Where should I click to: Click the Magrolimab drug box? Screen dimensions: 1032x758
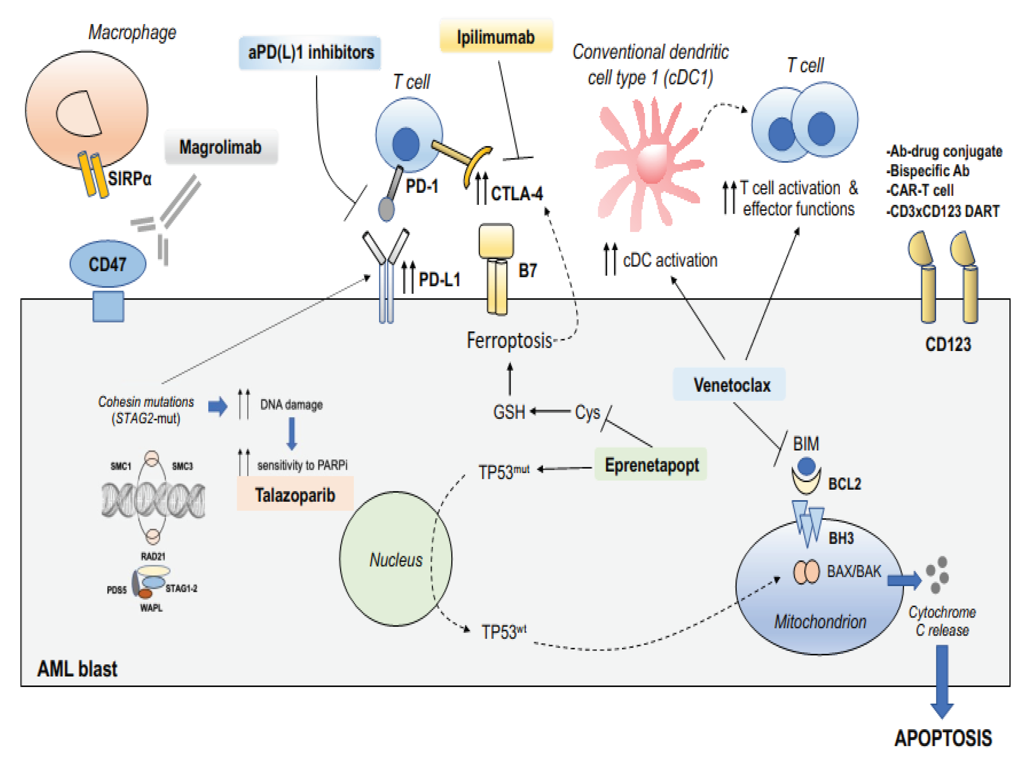point(221,147)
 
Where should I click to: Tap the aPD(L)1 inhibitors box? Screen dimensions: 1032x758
point(310,52)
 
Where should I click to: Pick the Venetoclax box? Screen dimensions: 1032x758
point(729,384)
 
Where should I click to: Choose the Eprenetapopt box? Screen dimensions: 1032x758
point(651,464)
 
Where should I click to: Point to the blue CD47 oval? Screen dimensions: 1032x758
point(108,264)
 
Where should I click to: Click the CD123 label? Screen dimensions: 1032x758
point(948,344)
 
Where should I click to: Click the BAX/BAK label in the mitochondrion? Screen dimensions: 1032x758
point(854,571)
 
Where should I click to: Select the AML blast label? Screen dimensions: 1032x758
point(77,669)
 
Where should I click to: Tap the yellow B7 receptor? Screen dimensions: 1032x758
point(496,269)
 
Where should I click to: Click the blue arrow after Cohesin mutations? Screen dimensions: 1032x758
point(218,406)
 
